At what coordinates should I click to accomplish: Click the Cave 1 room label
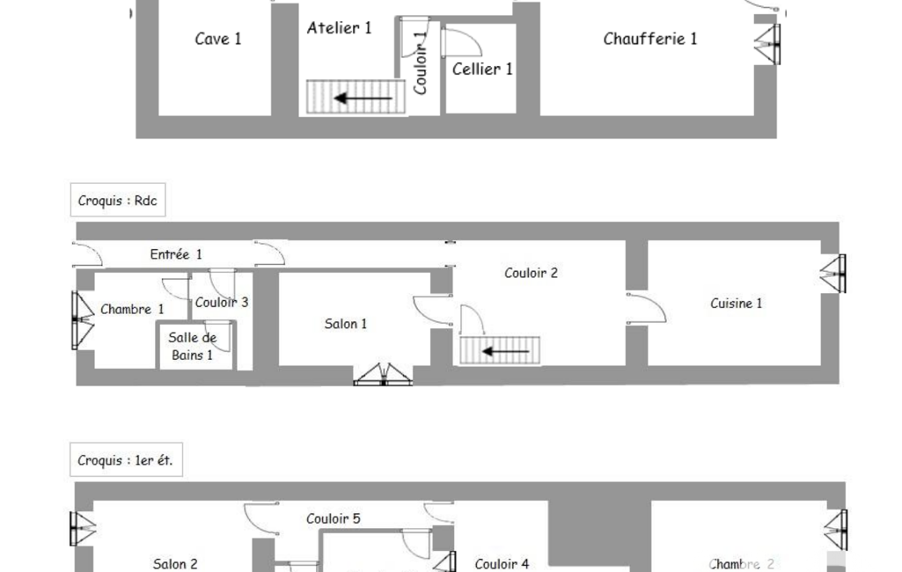(218, 39)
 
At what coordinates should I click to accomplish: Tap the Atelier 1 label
(339, 27)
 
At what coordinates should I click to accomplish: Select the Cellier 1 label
(482, 69)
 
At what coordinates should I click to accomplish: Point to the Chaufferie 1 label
(650, 39)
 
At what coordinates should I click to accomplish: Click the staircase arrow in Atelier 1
(363, 98)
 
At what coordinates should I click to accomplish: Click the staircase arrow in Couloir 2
(505, 351)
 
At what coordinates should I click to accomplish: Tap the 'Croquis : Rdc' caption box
(118, 201)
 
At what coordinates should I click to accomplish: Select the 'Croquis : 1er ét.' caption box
(126, 459)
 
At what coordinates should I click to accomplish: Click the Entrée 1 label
(175, 254)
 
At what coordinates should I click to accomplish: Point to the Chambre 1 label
(132, 310)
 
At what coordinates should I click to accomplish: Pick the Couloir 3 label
(222, 302)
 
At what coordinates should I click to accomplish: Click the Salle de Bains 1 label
(192, 347)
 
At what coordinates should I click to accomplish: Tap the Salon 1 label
(345, 324)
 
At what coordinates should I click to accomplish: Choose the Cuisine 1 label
(736, 304)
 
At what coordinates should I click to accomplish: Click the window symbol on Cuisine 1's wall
(833, 274)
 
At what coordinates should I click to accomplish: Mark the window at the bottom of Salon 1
(383, 375)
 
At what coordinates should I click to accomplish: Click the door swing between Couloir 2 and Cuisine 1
(646, 309)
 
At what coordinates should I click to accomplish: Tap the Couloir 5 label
(333, 518)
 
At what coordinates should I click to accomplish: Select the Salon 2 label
(175, 564)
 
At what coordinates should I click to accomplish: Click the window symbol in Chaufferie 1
(768, 44)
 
